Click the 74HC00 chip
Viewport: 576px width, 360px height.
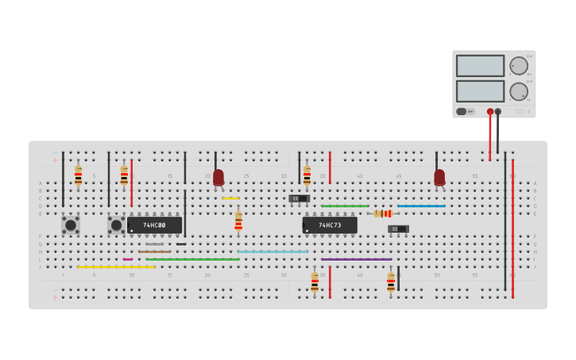[154, 225]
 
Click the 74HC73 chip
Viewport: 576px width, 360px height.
[330, 225]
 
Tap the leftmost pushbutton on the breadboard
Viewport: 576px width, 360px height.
[71, 225]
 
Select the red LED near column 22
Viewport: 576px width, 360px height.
[218, 177]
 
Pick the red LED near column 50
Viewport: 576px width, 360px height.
[439, 177]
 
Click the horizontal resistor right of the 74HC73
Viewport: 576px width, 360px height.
[383, 213]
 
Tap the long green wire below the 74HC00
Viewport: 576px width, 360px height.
[192, 259]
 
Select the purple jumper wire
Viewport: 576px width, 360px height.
[356, 259]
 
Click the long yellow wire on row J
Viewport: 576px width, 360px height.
[116, 267]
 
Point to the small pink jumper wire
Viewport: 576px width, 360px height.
[128, 259]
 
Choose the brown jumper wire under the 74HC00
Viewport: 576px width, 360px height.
[154, 252]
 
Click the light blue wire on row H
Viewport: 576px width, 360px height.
[272, 252]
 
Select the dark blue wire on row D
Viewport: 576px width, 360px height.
[421, 206]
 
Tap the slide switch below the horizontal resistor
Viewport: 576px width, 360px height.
[398, 229]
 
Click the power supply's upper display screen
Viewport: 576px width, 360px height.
[480, 65]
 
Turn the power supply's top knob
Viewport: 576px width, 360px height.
[518, 66]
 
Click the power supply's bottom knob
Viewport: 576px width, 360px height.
[518, 91]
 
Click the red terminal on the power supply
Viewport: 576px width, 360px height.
[490, 112]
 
